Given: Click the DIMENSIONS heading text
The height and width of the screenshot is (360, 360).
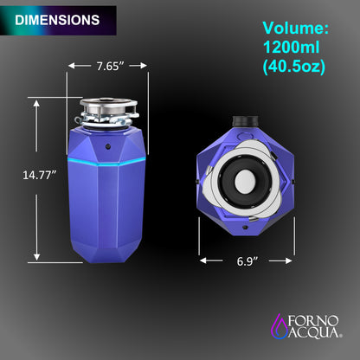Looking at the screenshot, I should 57,18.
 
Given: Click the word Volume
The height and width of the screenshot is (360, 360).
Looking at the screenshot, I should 295,28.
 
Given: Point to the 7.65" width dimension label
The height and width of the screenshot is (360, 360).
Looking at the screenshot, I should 109,66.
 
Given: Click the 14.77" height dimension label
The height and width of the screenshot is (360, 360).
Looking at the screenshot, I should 39,175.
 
